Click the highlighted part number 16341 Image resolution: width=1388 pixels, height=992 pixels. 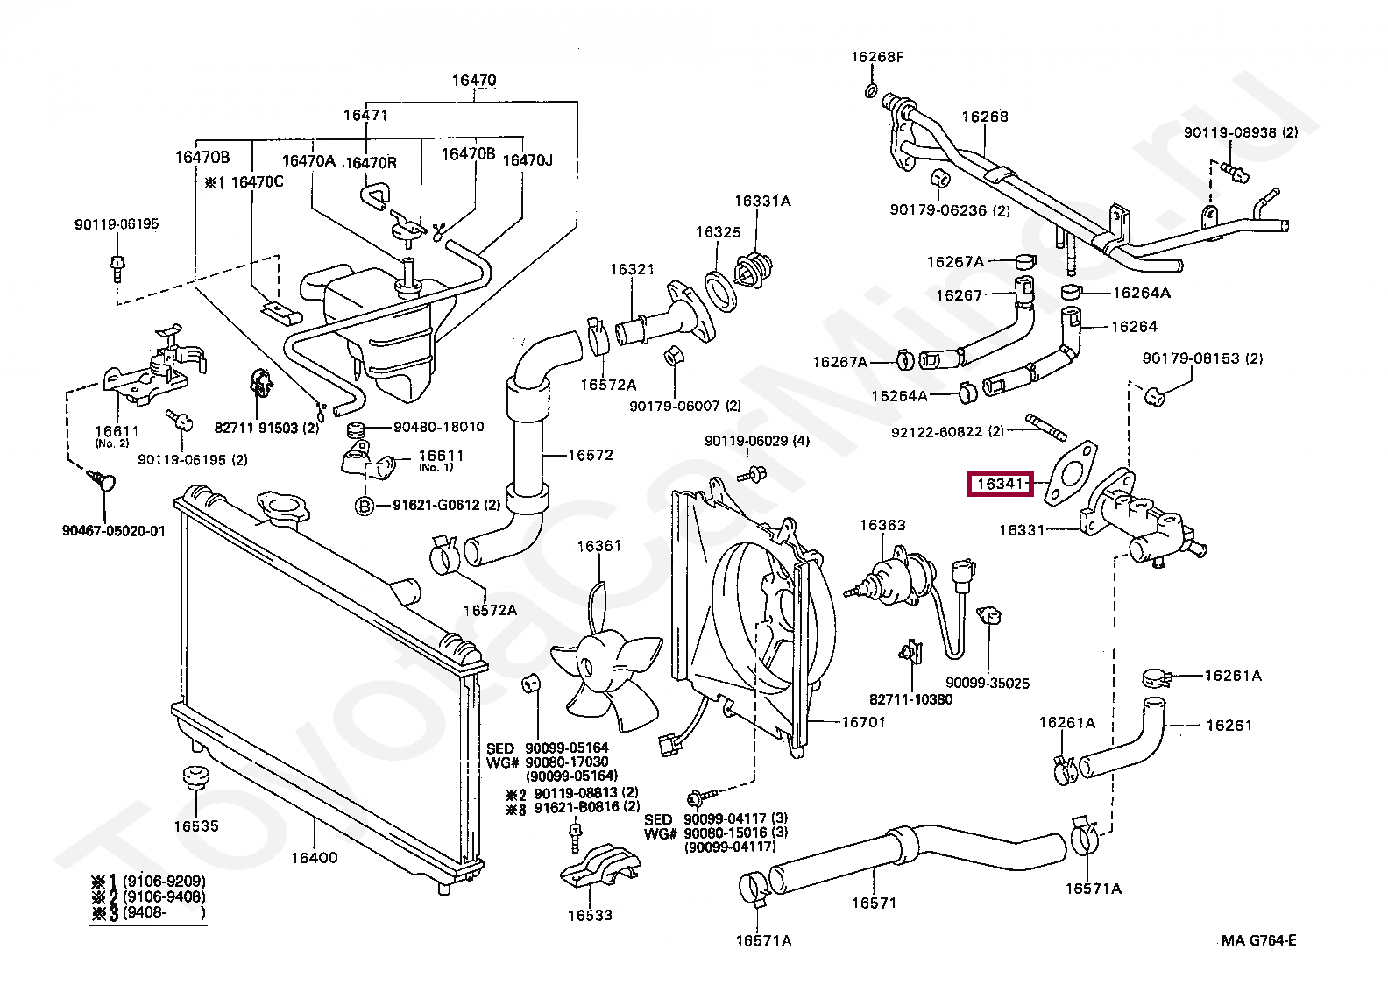(1000, 484)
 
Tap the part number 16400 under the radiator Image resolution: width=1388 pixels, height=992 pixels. (315, 858)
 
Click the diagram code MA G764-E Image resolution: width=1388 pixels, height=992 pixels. (1258, 940)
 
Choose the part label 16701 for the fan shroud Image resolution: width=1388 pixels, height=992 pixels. (863, 722)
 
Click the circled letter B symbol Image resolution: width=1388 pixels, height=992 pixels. (365, 507)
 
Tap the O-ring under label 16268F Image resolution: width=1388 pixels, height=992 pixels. (871, 90)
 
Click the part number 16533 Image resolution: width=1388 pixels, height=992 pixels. (589, 915)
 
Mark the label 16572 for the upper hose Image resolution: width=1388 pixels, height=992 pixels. (590, 455)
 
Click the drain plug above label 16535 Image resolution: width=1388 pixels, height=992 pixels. (195, 777)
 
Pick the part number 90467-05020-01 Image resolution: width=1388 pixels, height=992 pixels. (113, 531)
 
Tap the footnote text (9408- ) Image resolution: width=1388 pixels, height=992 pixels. (164, 912)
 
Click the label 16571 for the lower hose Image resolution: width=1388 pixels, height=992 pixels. (874, 903)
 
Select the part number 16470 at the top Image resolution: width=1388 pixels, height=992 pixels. (474, 80)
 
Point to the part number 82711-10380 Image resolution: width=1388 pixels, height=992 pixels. (911, 699)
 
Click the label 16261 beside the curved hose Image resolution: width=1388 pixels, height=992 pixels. (1229, 725)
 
